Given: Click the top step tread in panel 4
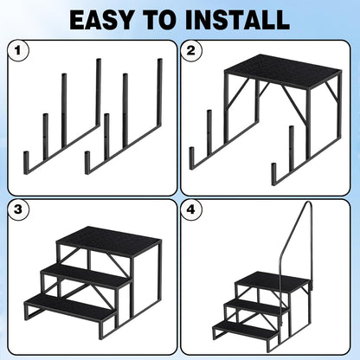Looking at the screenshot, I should coord(275,281).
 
